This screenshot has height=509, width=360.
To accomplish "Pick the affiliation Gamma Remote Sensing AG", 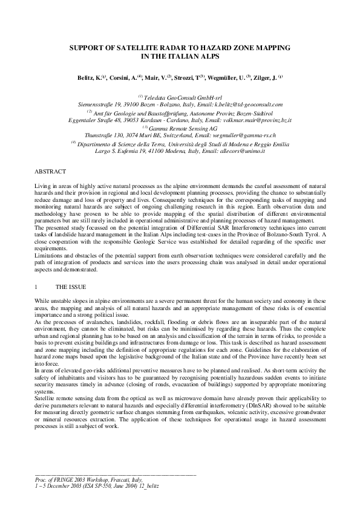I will coord(180,128).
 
